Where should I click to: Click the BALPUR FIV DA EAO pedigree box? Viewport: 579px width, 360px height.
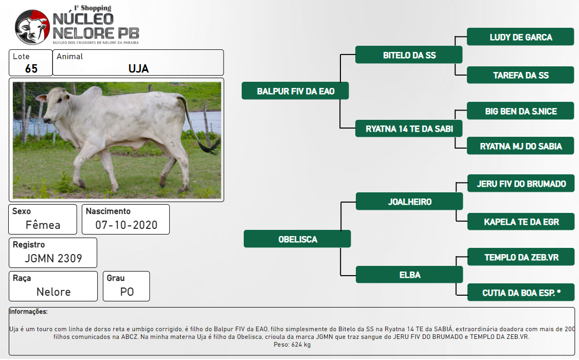click(x=295, y=91)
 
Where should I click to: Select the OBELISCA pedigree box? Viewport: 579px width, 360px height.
click(x=297, y=239)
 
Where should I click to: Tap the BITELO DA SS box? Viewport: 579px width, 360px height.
click(x=409, y=55)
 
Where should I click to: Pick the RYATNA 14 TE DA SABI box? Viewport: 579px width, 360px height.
click(x=409, y=129)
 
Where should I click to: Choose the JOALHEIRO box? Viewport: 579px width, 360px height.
click(x=409, y=201)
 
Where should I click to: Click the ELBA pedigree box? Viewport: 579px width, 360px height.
click(x=409, y=274)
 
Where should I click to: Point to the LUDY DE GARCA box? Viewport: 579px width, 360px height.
click(x=520, y=37)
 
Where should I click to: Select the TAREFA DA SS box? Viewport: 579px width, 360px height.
click(x=520, y=75)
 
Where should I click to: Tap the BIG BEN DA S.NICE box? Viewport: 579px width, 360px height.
click(x=520, y=111)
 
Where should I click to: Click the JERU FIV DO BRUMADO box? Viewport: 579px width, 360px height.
click(x=521, y=184)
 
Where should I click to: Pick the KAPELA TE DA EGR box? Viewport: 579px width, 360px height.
click(x=521, y=222)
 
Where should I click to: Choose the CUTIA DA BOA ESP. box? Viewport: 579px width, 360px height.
click(x=521, y=293)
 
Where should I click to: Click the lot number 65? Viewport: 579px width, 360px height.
click(x=31, y=69)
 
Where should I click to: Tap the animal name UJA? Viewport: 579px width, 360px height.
click(x=138, y=69)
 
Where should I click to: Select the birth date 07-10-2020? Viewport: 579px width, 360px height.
click(x=126, y=225)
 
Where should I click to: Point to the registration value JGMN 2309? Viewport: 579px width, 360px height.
click(x=53, y=258)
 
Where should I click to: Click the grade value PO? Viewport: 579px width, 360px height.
click(x=126, y=292)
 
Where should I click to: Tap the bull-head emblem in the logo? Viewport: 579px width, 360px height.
click(x=32, y=27)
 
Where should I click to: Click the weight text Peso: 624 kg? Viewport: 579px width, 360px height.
click(x=292, y=345)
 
